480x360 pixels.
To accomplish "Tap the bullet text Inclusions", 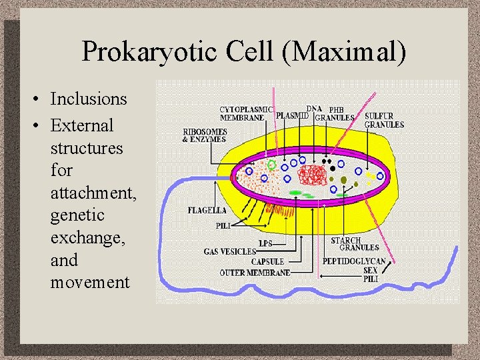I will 88,99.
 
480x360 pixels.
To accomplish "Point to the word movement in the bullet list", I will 90,282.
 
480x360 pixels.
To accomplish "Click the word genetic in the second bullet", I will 77,215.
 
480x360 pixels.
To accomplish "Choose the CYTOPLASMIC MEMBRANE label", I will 246,113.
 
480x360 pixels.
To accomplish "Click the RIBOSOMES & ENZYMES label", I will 205,135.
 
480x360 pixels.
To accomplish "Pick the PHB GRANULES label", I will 335,114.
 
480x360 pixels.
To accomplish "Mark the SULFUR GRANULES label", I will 384,120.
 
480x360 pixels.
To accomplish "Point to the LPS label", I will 265,243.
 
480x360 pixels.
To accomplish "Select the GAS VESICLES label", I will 230,251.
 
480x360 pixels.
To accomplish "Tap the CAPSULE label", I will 267,261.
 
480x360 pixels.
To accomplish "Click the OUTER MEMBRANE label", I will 255,272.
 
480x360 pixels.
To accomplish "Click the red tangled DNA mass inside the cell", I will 312,175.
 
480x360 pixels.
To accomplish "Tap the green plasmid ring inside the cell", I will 271,163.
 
